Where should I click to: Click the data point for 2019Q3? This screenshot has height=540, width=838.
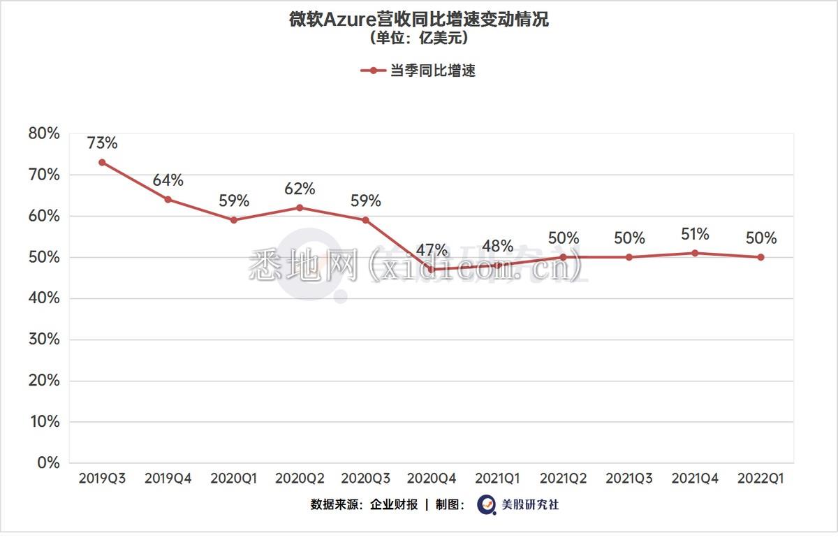(102, 162)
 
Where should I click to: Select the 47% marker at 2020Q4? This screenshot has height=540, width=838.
(432, 270)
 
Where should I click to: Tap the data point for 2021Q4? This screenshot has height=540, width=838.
(695, 253)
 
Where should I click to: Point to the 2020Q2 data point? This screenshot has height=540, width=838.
(300, 207)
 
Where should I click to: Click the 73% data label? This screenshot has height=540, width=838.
(102, 143)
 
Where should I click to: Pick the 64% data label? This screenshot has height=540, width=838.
(168, 180)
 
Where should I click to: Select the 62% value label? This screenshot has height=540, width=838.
(300, 189)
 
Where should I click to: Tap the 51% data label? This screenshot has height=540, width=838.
(695, 234)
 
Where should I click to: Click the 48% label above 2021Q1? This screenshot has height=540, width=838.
(497, 246)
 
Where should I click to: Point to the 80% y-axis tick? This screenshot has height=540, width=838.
(43, 133)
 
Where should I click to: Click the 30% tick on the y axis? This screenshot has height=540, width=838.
(43, 340)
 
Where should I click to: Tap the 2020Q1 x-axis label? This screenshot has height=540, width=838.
(234, 479)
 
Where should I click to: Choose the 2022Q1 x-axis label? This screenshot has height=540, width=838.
(760, 479)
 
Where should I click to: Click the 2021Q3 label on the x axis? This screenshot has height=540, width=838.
(629, 479)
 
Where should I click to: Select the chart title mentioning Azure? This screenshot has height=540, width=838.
(419, 20)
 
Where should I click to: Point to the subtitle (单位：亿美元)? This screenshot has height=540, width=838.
(419, 38)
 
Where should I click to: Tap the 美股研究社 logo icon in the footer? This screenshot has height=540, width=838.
(486, 504)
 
